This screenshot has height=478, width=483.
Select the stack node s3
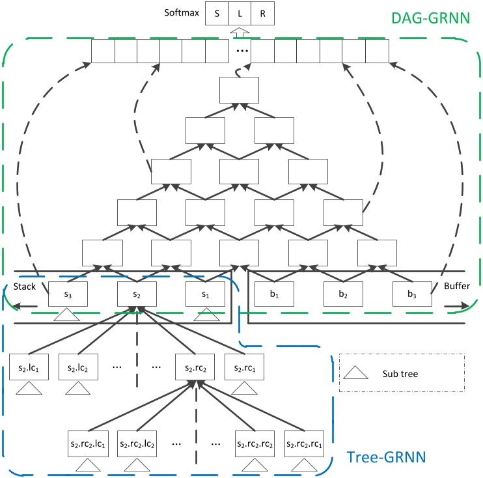click(x=68, y=294)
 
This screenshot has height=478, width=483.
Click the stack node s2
click(x=136, y=294)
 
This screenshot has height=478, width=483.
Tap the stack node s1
click(x=204, y=294)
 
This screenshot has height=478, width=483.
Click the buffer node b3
click(x=413, y=294)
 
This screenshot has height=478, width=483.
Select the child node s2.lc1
click(x=29, y=368)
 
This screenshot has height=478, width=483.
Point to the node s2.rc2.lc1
click(x=89, y=443)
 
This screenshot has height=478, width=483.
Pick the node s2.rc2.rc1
click(x=305, y=443)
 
